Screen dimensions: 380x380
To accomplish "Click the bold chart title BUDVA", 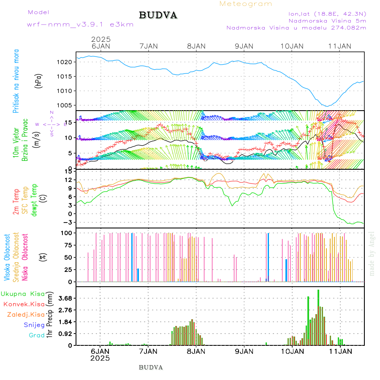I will point(158,16).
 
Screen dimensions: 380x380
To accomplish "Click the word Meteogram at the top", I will point(246,4).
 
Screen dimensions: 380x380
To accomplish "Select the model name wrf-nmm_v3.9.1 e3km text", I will point(80,24).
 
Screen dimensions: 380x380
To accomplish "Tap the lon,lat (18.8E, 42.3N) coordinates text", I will point(327,13).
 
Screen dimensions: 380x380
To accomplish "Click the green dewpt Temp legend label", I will point(34,200).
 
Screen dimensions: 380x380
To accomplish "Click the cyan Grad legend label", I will point(37,335).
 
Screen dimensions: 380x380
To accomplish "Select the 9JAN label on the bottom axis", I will point(244,351).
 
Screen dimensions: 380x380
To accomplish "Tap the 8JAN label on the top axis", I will point(195,46).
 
